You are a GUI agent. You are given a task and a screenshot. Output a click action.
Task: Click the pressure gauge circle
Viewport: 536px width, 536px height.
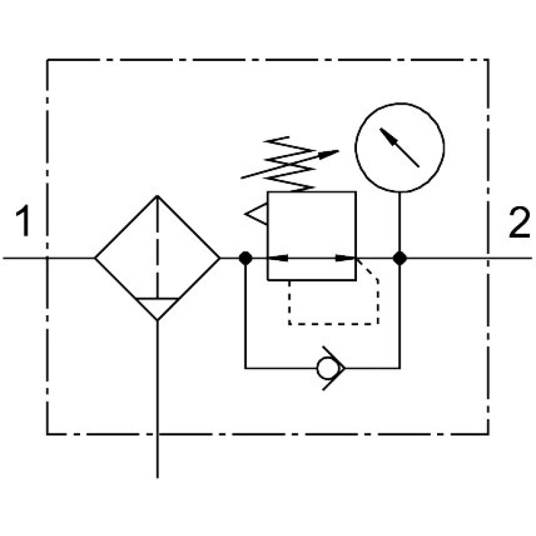click(x=399, y=147)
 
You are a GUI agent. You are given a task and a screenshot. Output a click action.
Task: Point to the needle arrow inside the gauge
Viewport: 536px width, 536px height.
click(x=399, y=147)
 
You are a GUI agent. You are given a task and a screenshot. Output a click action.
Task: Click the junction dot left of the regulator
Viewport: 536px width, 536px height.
click(x=245, y=258)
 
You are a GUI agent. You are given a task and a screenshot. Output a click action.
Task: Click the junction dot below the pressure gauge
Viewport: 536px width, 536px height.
click(x=400, y=258)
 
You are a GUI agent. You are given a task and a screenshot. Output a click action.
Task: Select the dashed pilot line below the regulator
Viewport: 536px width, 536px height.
click(x=332, y=323)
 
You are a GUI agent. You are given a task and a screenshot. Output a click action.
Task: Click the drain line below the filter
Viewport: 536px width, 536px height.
click(x=157, y=398)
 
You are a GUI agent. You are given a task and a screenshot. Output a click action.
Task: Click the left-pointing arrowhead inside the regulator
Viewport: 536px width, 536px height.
click(x=277, y=258)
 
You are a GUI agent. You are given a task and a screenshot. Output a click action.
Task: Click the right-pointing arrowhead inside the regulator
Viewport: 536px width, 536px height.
click(x=345, y=258)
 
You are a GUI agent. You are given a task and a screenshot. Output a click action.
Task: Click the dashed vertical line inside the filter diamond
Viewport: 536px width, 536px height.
click(x=157, y=246)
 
